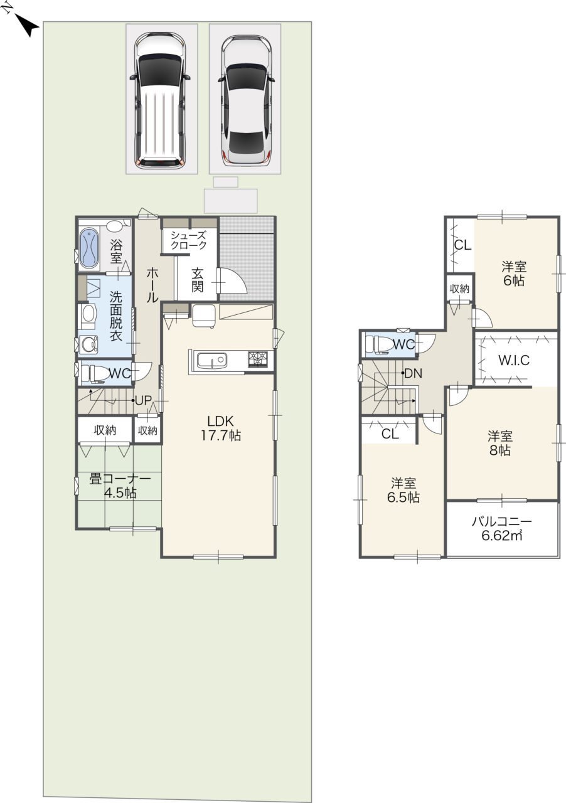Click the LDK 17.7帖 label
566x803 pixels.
[220, 428]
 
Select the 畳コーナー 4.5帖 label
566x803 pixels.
[120, 486]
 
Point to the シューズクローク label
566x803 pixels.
[188, 240]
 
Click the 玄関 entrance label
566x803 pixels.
[197, 280]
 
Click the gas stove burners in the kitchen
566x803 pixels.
[257, 359]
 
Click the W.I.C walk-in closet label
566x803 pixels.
[514, 360]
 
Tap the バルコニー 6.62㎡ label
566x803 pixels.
[501, 528]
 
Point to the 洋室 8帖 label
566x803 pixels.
[500, 444]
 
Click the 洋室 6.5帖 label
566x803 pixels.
[403, 491]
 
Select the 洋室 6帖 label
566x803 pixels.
[514, 273]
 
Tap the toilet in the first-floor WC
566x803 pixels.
[95, 373]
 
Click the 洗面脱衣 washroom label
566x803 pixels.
[116, 316]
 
